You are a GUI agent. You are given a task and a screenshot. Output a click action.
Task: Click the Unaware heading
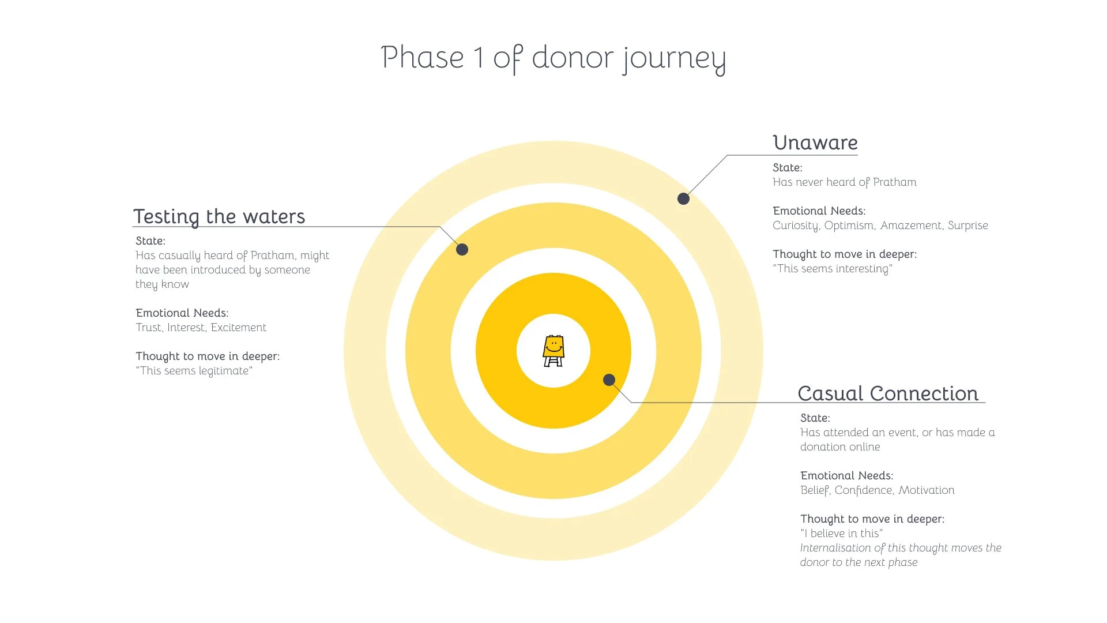point(815,142)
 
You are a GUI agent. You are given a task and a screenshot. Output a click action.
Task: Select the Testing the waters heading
point(219,216)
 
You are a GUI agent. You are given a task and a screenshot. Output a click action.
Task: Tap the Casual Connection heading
point(888,393)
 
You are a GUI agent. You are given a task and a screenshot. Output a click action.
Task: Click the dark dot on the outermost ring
point(683,198)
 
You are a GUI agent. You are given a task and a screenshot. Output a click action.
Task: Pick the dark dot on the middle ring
point(462,249)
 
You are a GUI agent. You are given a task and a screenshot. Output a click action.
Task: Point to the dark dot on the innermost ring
point(609,380)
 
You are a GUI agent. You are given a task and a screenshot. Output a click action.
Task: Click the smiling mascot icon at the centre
point(553,351)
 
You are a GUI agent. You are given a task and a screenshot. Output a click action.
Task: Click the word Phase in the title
point(423,58)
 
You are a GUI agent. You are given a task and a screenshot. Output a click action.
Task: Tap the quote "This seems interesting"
point(833,269)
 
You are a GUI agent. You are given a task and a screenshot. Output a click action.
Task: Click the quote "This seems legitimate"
point(194,371)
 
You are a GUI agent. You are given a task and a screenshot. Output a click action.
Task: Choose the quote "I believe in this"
point(841,534)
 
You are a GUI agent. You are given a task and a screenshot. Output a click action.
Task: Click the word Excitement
point(238,328)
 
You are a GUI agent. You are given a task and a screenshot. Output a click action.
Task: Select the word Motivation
point(926,490)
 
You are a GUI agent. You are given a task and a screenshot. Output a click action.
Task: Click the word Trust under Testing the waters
point(148,328)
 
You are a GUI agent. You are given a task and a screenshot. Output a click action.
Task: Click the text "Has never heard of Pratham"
point(844,182)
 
